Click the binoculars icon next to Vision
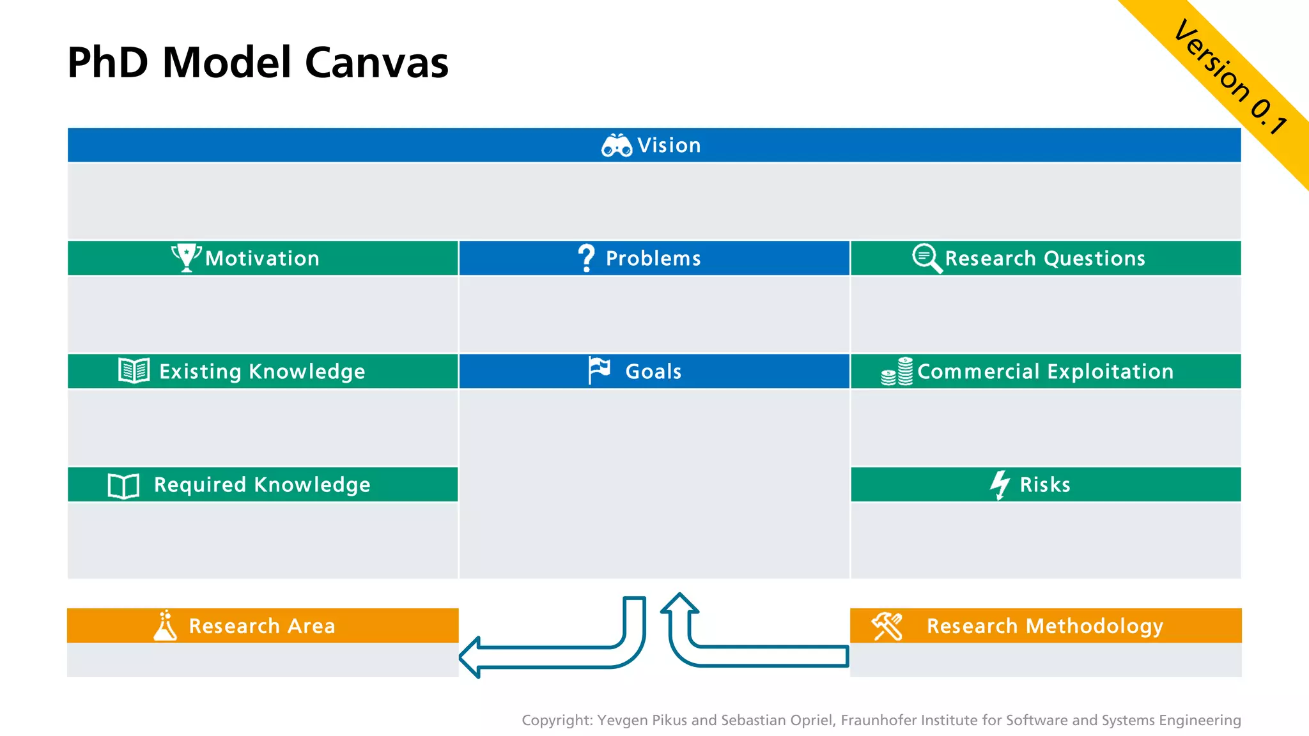[x=616, y=146]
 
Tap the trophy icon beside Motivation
[x=186, y=257]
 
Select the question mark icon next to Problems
[x=586, y=257]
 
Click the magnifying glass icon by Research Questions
[x=926, y=258]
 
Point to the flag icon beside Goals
[x=599, y=370]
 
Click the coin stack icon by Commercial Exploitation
[x=897, y=371]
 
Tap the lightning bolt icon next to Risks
[x=1000, y=485]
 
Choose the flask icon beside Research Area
[x=165, y=625]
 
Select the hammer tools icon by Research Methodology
[x=887, y=625]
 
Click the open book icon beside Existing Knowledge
[x=134, y=371]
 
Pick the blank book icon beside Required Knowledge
[x=123, y=486]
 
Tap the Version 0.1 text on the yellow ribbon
[x=1230, y=76]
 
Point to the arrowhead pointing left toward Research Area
[x=470, y=657]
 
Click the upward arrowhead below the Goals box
[x=679, y=603]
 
